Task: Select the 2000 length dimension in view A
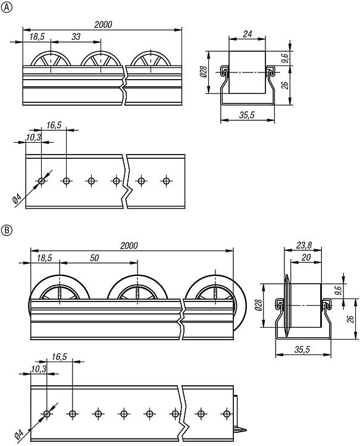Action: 102,25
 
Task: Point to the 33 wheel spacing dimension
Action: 76,37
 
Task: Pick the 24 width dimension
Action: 246,34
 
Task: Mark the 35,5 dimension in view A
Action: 247,116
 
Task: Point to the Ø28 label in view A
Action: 203,73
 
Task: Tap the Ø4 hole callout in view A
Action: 17,199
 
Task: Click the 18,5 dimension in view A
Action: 37,37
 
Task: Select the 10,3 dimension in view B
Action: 37,369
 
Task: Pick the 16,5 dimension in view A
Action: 54,125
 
